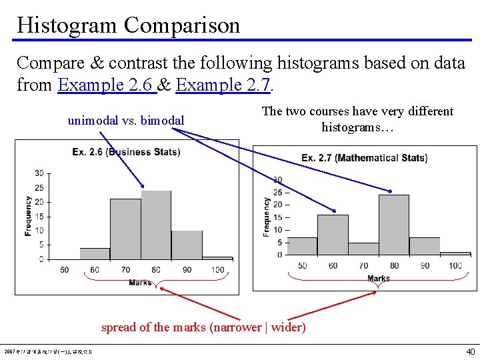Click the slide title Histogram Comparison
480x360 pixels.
(x=128, y=25)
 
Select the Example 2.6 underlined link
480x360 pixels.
(x=107, y=85)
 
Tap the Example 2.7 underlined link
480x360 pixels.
(x=223, y=85)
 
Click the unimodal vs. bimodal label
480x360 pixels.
(x=126, y=121)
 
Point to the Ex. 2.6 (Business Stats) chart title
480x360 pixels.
(x=126, y=152)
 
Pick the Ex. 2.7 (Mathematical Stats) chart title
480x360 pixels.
(x=364, y=158)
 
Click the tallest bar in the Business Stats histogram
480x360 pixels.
(x=156, y=225)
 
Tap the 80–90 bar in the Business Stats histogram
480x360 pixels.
(x=187, y=245)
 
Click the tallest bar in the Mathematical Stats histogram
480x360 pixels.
(x=393, y=225)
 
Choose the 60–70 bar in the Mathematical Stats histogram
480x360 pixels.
(x=333, y=235)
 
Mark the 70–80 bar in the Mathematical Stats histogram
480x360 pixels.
(x=363, y=249)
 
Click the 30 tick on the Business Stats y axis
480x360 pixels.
(x=39, y=173)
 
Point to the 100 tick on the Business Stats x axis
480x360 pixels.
(x=217, y=270)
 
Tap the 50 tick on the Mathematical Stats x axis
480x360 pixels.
(x=302, y=266)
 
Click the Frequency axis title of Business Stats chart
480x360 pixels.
(x=28, y=215)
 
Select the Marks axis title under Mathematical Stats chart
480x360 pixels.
(x=378, y=279)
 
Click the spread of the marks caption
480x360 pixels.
(x=203, y=327)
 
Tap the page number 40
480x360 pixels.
(x=470, y=351)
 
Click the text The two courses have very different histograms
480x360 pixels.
(x=357, y=119)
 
